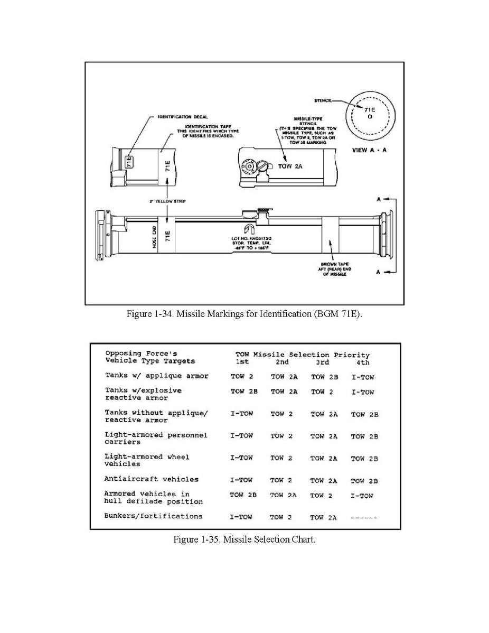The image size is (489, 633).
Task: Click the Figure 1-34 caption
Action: coord(244,314)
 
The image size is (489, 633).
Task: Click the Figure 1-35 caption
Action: coord(245,539)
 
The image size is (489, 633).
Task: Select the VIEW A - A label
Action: coord(369,150)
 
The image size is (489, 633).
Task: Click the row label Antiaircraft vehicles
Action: coord(152,479)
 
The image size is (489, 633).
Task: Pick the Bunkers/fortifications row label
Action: coord(153,516)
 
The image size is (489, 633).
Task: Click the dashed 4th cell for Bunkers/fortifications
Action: coord(364,517)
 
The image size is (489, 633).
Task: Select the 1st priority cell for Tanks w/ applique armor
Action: coord(242,377)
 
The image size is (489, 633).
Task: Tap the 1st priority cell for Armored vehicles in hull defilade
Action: coord(243,495)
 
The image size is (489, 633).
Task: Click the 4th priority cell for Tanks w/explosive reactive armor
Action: coord(363,392)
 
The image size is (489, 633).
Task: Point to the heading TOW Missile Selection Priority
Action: coord(302,355)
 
